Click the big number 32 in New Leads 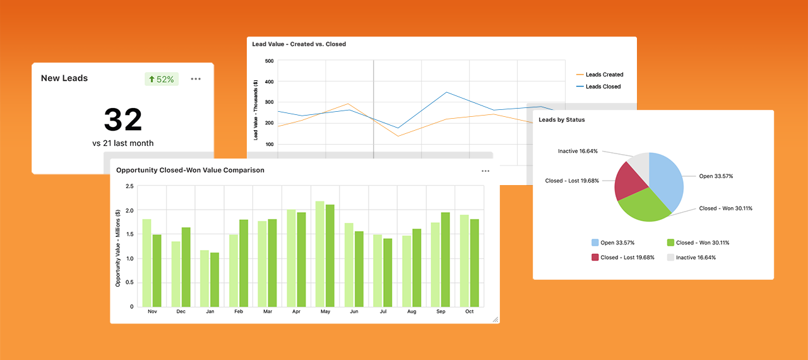click(122, 120)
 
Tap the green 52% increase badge click(161, 79)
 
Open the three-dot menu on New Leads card click(196, 79)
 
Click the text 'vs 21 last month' click(122, 143)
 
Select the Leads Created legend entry click(603, 75)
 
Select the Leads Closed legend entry click(602, 87)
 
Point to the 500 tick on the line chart click(269, 61)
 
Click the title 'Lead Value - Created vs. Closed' click(299, 44)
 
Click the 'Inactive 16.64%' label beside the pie click(578, 152)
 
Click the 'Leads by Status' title click(561, 119)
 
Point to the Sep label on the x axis click(440, 311)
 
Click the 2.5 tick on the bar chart click(129, 186)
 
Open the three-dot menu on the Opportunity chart click(485, 171)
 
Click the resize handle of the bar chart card click(495, 320)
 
